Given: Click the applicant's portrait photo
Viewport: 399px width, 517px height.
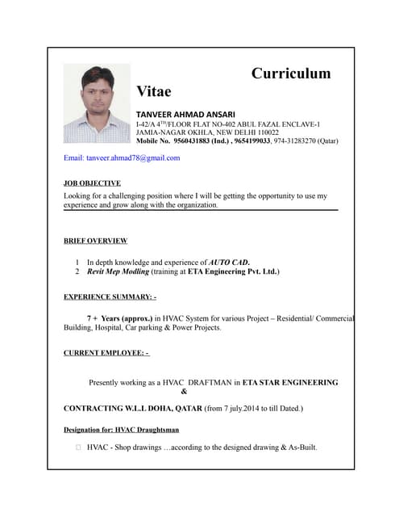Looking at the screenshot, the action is coord(96,103).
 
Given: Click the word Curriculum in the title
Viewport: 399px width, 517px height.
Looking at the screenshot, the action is coord(291,74).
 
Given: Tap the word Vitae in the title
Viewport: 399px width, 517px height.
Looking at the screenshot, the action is coord(154,91).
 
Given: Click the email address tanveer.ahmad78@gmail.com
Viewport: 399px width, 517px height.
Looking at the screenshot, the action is coord(122,158).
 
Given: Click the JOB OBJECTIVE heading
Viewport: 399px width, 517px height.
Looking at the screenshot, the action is coord(92,183).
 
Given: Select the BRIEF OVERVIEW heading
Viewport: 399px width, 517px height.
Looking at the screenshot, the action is coord(95,241).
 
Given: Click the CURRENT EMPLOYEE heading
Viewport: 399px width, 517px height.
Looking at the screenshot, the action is coord(106,353).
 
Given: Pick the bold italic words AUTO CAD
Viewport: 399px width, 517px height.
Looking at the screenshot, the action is coord(229,262).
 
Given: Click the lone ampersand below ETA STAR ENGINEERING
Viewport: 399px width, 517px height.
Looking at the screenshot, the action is coord(185,392).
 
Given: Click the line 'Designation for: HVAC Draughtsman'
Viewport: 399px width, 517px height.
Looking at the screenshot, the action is coord(121,430).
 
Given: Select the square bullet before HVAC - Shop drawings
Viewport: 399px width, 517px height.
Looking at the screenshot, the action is coord(77,448).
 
